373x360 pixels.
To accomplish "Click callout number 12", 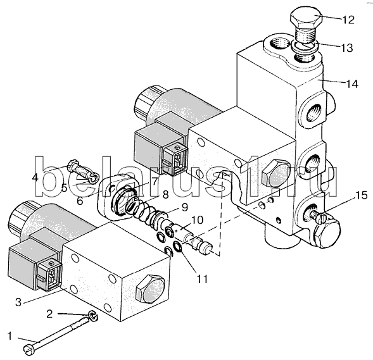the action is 348,20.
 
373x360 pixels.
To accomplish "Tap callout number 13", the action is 346,47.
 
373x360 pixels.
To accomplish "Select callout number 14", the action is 352,84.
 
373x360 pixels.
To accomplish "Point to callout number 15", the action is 362,196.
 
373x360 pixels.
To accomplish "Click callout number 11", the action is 202,278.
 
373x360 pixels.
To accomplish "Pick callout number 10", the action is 196,220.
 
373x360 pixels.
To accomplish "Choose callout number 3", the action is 18,302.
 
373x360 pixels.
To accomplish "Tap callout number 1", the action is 9,336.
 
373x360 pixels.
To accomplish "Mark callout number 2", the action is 49,314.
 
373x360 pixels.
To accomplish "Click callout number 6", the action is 80,201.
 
